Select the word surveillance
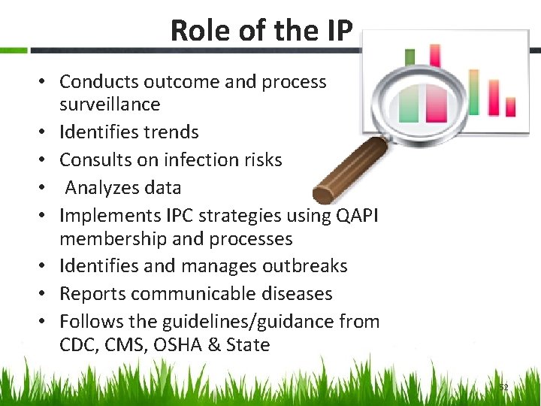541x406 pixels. point(110,104)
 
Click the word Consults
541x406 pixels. point(95,159)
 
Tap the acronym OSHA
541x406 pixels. point(207,345)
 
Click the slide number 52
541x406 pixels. point(504,387)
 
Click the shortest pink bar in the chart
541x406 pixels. point(511,108)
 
